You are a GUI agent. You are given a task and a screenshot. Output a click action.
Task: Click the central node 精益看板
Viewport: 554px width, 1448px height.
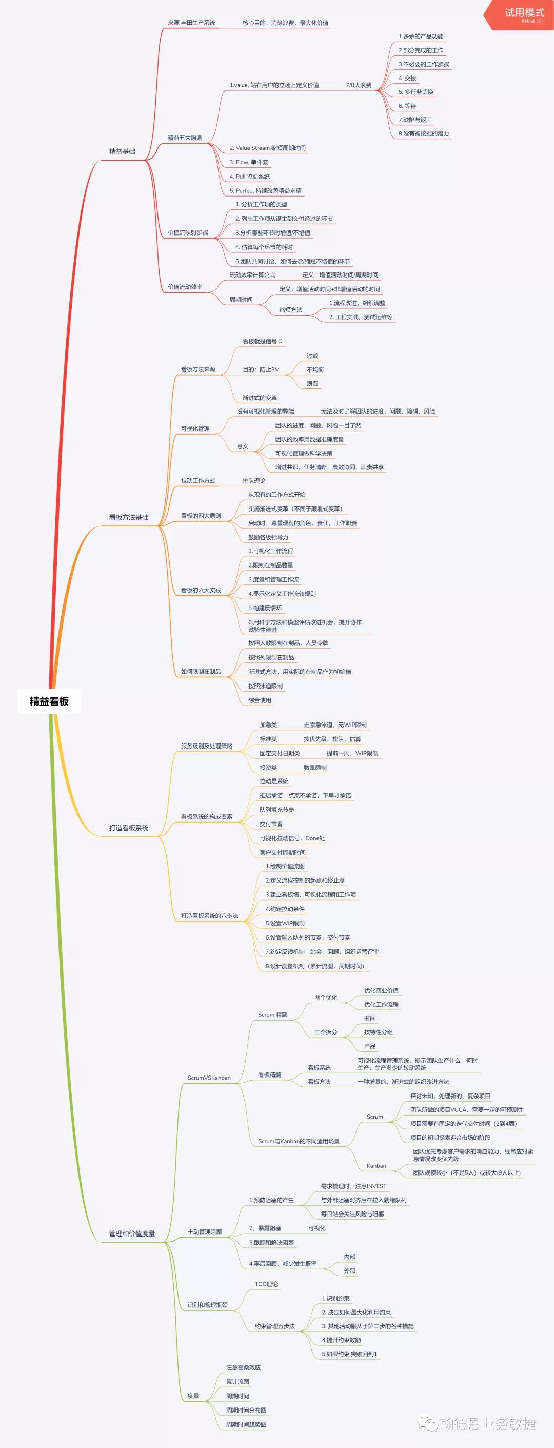[49, 701]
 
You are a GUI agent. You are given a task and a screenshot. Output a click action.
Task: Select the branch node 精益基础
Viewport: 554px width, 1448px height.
[122, 151]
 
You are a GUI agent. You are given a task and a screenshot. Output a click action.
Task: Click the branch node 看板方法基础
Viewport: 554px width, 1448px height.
[129, 517]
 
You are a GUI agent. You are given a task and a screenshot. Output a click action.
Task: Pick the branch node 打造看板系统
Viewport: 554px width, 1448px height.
[129, 828]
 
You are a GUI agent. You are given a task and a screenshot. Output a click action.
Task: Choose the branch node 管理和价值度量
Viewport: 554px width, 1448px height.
[132, 1234]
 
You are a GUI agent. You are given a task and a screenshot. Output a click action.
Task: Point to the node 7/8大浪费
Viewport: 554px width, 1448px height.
[359, 85]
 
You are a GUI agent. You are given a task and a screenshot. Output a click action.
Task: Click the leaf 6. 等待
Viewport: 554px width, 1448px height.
[407, 106]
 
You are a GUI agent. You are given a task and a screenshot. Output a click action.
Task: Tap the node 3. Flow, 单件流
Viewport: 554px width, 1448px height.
[248, 162]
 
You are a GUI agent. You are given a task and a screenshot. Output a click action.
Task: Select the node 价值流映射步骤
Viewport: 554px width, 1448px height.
[188, 232]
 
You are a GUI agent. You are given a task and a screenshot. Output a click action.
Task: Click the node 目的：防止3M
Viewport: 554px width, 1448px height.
[261, 369]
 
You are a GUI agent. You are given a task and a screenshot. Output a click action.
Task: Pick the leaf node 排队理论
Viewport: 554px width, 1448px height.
[254, 481]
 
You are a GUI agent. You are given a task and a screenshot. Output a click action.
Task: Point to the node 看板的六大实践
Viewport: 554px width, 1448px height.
[201, 590]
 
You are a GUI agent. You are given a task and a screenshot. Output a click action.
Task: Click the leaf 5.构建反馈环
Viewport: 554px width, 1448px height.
[265, 608]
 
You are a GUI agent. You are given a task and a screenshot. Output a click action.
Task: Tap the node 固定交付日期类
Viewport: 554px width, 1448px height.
[279, 753]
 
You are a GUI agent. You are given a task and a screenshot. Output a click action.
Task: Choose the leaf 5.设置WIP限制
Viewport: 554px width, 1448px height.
[285, 923]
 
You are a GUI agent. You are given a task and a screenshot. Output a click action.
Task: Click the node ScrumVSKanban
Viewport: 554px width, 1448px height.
[209, 1078]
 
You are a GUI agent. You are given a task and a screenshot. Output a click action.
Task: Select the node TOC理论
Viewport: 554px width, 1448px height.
[266, 1284]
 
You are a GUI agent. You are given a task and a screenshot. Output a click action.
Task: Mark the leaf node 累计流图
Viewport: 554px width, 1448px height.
[238, 1381]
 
